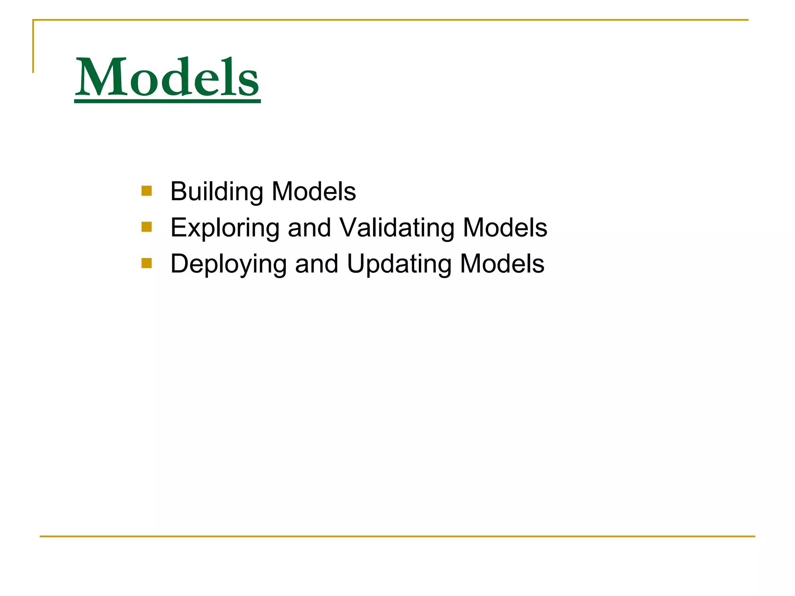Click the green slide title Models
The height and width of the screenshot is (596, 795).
167,77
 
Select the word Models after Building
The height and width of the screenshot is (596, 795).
314,192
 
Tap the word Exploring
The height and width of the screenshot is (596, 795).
225,228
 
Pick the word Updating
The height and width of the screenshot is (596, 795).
399,264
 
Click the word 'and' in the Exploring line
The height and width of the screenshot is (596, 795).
309,228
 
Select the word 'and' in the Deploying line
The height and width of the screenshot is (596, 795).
316,264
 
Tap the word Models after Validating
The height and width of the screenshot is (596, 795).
505,228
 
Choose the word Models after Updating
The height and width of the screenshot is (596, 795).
502,264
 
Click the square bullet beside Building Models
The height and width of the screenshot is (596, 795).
147,191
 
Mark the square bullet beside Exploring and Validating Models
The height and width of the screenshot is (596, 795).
147,227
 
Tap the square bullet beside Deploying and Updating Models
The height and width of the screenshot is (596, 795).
147,263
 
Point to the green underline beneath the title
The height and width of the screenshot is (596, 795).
167,101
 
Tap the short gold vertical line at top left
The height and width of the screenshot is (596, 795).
33,47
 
